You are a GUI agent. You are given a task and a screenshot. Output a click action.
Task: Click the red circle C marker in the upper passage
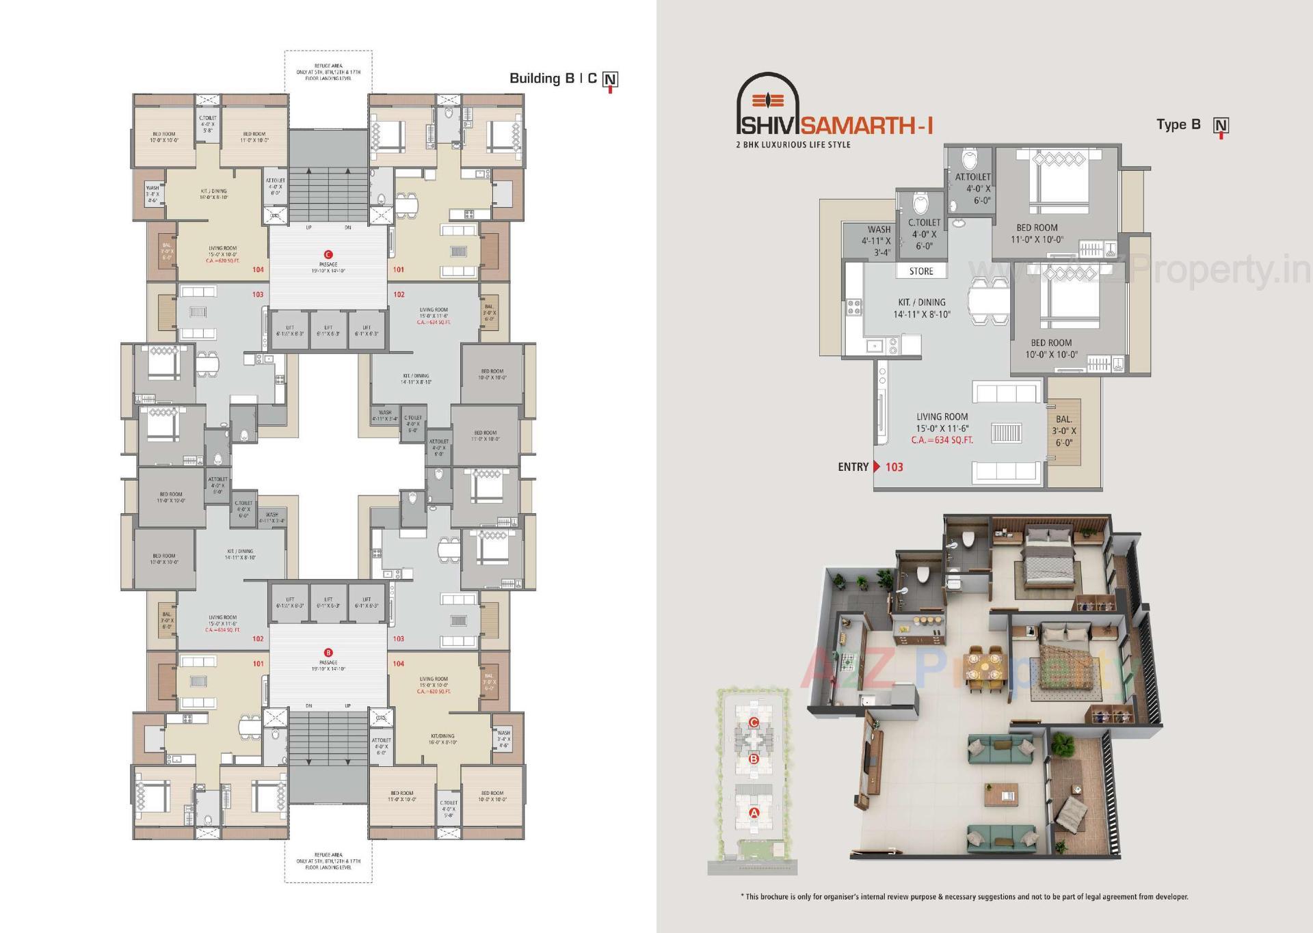328,254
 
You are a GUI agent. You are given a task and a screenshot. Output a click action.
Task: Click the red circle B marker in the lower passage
328,652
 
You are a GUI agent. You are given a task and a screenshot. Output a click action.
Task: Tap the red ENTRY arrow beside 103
877,467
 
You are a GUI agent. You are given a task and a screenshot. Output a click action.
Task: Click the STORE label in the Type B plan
921,271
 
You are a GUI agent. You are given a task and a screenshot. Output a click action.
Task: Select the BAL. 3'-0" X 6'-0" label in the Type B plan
1063,431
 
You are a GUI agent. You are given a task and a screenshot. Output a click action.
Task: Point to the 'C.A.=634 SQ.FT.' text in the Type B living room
942,440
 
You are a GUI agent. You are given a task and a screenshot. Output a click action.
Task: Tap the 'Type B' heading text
1178,124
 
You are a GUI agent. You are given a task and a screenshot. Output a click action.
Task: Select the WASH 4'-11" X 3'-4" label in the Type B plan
878,241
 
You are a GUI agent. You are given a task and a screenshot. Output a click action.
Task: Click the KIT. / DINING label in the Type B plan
922,308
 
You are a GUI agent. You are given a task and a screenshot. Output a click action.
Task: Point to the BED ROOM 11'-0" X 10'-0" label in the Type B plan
1037,234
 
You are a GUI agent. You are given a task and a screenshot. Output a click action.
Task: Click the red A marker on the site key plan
754,813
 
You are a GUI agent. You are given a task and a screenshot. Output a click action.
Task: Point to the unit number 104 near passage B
399,664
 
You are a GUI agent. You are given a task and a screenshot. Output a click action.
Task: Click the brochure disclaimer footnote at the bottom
964,897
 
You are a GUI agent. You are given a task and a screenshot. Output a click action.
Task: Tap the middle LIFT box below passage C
328,331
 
